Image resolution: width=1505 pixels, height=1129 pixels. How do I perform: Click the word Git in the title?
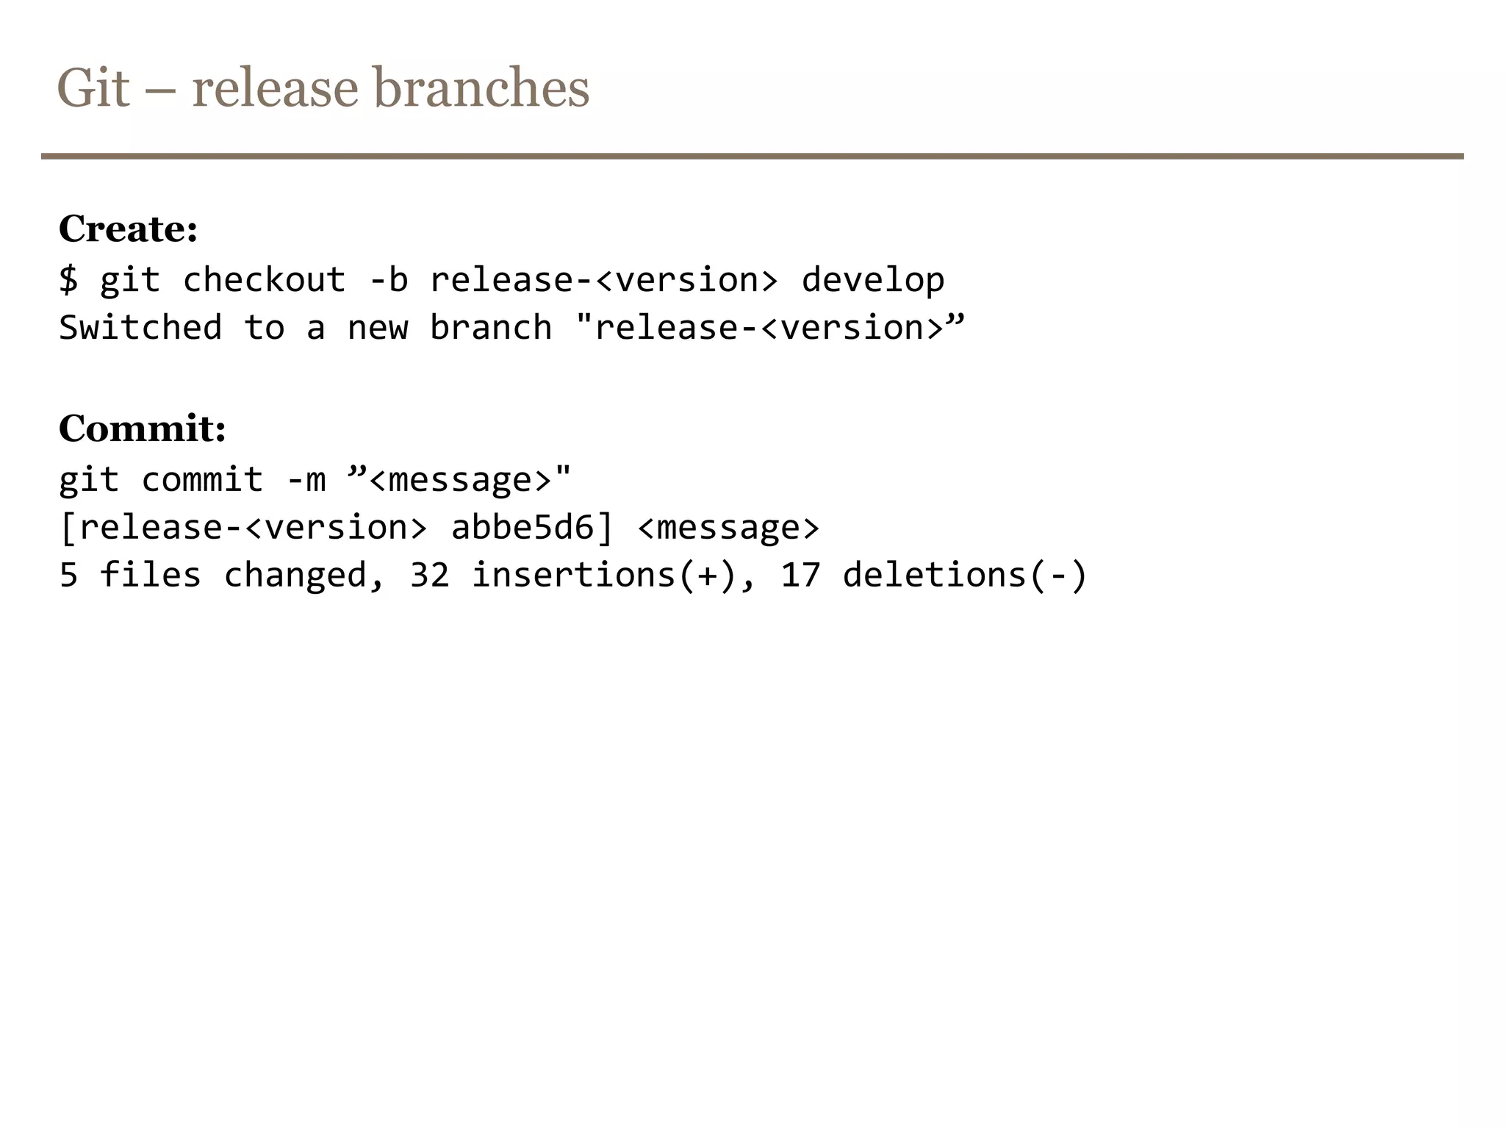point(93,88)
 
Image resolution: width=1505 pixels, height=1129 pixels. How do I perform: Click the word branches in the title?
point(481,88)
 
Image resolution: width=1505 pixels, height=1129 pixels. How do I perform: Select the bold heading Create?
point(128,229)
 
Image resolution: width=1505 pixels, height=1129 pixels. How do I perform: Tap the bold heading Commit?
point(142,428)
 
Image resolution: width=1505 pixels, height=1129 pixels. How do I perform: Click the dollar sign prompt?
point(68,280)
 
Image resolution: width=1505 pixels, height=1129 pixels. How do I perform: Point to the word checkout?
point(264,280)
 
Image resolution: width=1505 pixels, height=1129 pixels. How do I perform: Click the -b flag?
point(388,280)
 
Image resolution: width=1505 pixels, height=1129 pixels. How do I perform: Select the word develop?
point(872,280)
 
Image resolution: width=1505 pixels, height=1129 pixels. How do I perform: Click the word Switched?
point(140,328)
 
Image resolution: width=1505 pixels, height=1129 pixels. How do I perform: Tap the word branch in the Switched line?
point(490,328)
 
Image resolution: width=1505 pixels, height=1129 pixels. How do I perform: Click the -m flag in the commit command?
point(306,480)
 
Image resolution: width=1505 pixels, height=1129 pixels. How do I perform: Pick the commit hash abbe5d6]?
point(531,528)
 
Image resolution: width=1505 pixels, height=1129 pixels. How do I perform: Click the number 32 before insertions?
point(429,575)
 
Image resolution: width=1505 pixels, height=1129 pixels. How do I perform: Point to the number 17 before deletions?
point(800,575)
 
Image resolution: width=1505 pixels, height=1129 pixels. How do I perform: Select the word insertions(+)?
point(613,575)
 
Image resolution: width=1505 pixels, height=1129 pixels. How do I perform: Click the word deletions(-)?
point(964,575)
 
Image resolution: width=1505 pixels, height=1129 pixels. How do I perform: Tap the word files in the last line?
point(150,575)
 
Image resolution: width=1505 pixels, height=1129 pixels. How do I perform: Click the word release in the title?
point(275,88)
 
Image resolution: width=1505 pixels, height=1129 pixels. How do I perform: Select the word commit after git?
point(202,480)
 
